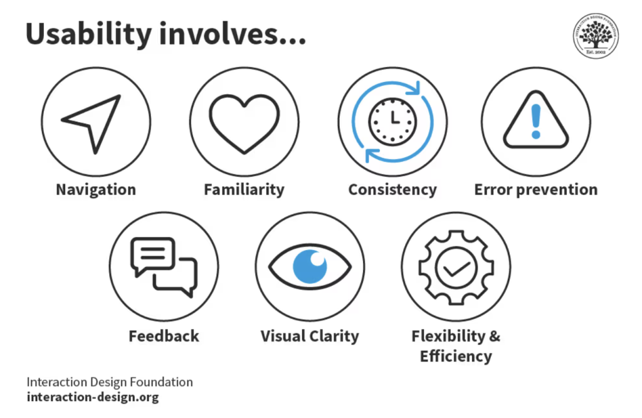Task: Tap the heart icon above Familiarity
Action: (x=244, y=122)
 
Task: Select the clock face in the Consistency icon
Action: (x=392, y=120)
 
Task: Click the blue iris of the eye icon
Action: (x=310, y=266)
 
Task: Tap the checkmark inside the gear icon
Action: (x=456, y=268)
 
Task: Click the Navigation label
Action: (x=95, y=189)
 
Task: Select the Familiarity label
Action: (x=244, y=189)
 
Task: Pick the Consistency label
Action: (x=392, y=189)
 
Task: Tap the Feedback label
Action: (x=164, y=336)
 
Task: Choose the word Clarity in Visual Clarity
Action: (x=334, y=336)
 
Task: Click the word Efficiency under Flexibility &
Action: (x=456, y=357)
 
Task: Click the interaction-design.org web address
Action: (x=92, y=397)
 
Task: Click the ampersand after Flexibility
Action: (x=494, y=336)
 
